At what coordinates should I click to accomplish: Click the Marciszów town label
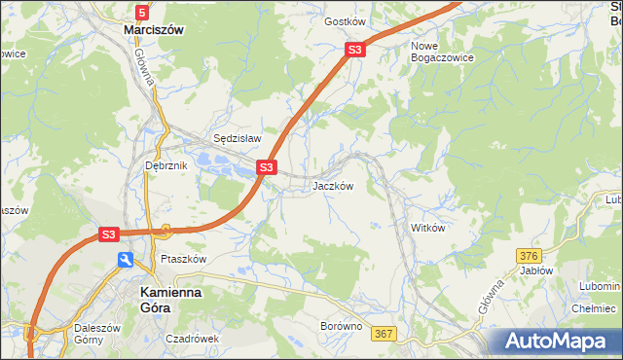click(x=154, y=30)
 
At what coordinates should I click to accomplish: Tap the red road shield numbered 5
click(x=142, y=12)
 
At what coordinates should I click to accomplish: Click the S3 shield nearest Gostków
click(x=355, y=50)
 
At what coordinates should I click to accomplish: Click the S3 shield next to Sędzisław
click(x=266, y=168)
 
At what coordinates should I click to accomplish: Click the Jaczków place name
click(x=332, y=186)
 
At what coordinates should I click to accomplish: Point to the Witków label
click(x=427, y=228)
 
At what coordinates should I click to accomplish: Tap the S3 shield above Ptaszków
click(x=108, y=234)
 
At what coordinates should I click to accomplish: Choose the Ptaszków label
click(x=184, y=260)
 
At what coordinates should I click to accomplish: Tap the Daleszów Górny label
click(x=97, y=335)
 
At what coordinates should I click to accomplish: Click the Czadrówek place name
click(x=193, y=339)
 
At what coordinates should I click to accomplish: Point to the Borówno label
click(x=342, y=327)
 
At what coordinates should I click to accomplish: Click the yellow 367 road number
click(x=385, y=334)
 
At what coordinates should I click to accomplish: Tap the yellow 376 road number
click(x=529, y=255)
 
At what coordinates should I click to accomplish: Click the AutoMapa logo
click(x=557, y=341)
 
